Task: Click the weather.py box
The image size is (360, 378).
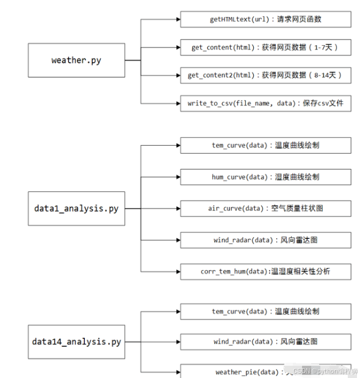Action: pos(76,60)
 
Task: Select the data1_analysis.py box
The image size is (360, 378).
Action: pos(76,208)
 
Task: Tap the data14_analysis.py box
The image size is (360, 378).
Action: pos(76,341)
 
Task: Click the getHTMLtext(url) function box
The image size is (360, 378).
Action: pos(265,20)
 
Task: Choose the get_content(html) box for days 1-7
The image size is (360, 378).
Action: pos(265,47)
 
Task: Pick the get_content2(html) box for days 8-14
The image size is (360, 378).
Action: pos(265,75)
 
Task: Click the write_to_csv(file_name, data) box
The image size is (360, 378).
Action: pos(265,103)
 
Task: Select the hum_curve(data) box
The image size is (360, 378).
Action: pos(265,177)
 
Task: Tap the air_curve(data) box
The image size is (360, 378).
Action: pos(265,208)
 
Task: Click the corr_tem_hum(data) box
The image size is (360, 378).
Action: pos(265,271)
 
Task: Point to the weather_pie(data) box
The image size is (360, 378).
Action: pos(265,371)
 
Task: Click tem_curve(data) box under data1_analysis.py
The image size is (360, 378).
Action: pos(265,145)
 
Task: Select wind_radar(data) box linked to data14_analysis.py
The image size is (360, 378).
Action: pos(265,341)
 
